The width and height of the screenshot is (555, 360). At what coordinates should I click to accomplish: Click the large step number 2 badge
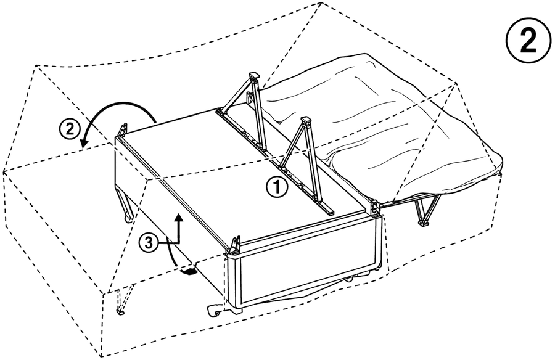528,40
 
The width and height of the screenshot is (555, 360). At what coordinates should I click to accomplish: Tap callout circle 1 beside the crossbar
277,187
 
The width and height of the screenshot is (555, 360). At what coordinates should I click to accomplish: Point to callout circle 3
149,243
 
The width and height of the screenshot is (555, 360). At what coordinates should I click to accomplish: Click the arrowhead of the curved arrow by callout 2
84,143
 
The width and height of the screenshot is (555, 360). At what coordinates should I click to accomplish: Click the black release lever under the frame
189,271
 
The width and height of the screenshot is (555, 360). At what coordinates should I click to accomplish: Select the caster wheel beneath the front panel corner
213,312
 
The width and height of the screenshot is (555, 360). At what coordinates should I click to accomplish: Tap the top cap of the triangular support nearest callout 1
306,121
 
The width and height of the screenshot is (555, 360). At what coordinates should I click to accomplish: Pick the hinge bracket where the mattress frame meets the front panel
374,208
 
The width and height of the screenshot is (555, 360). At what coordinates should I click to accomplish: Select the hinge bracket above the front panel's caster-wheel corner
234,246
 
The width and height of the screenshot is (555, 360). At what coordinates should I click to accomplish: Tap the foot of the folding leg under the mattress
423,223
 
